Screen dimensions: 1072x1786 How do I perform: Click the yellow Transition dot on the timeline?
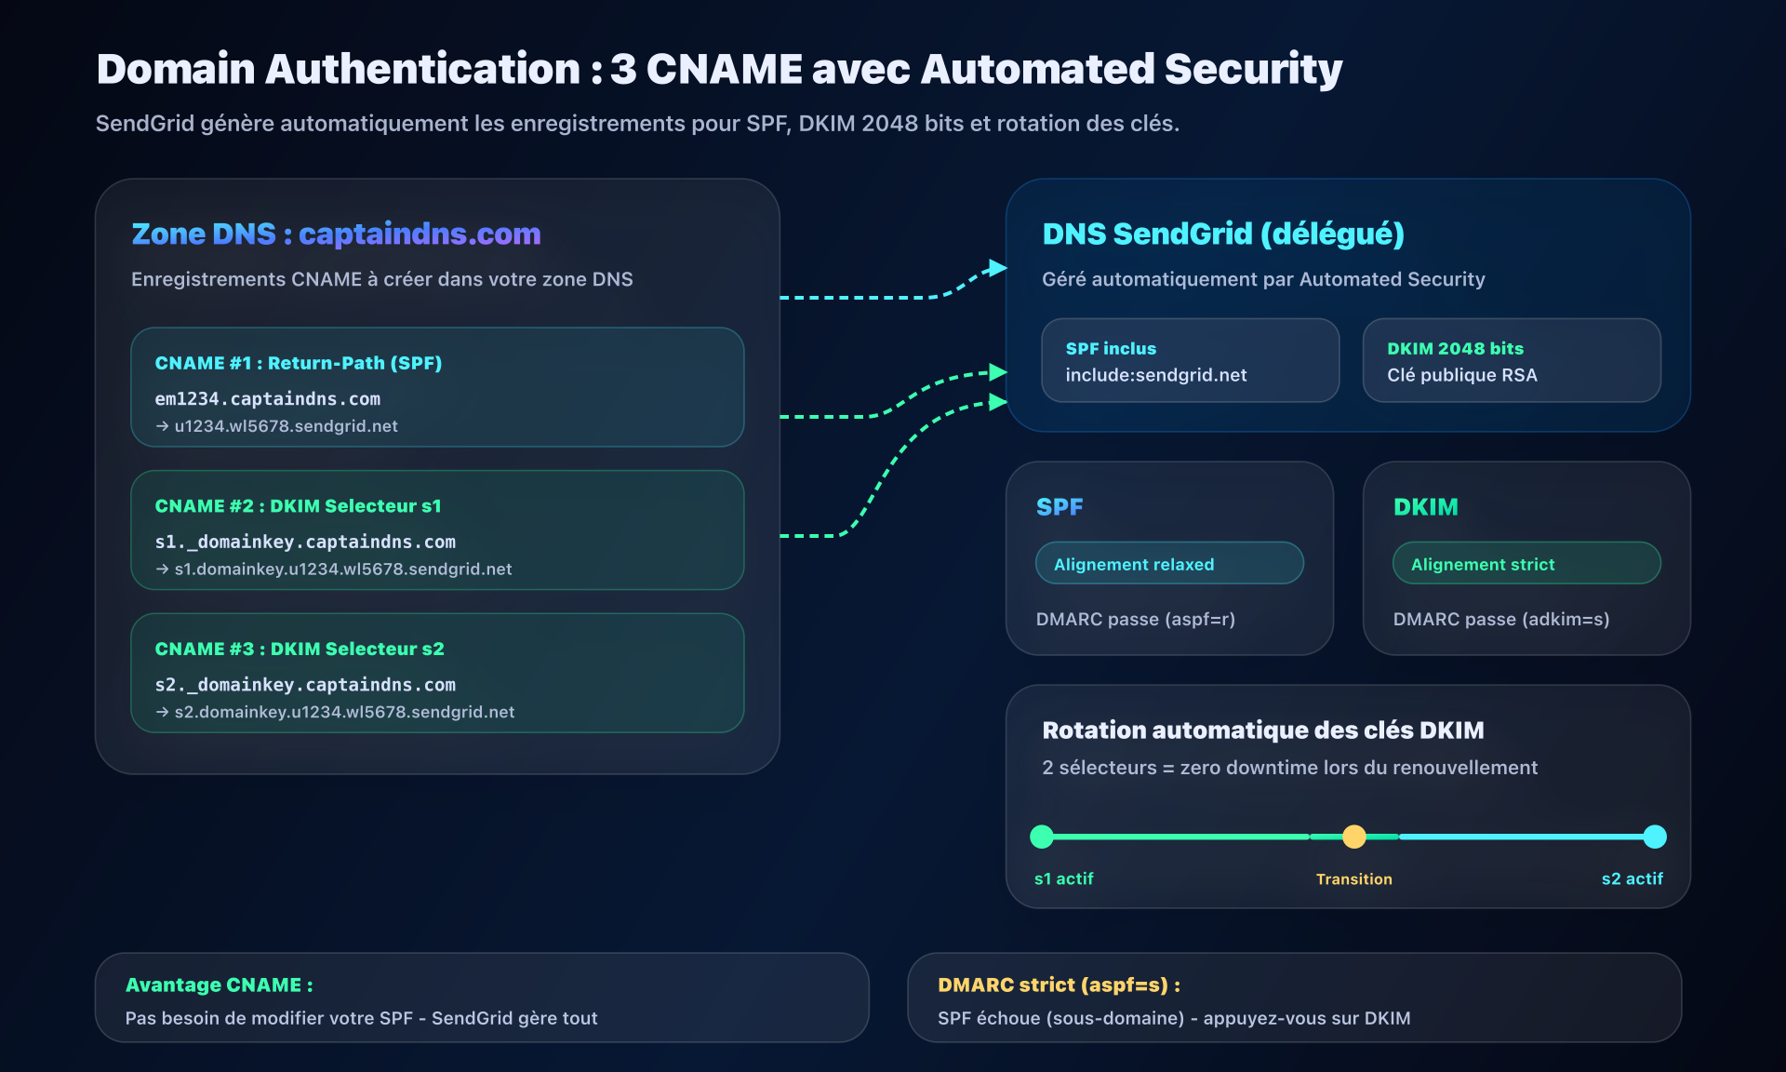(1353, 837)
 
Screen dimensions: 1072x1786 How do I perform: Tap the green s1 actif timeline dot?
(1042, 837)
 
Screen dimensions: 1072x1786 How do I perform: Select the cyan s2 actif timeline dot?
(1654, 837)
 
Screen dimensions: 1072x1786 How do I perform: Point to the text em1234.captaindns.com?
(267, 399)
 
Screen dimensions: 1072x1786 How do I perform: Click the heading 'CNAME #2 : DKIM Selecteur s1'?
(298, 506)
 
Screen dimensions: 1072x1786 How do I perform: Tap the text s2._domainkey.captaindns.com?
(305, 685)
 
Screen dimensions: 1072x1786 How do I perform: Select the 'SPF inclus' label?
(1111, 349)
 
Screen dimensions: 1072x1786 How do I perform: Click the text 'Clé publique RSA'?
(1461, 375)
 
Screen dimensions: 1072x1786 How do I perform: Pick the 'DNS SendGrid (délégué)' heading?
(1222, 234)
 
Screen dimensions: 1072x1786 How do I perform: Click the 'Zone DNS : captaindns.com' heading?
(336, 234)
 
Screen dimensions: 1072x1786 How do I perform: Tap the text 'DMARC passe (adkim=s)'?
(1500, 619)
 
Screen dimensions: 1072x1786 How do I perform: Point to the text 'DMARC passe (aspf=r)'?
(1135, 619)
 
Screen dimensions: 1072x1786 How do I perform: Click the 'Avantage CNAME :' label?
(219, 985)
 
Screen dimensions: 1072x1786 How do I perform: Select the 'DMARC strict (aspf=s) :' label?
(1059, 985)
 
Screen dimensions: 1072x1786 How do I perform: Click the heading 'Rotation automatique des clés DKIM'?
(1262, 730)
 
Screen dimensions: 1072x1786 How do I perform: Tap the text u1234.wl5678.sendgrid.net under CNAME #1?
(286, 426)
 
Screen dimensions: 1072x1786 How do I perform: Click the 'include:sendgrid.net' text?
(1155, 375)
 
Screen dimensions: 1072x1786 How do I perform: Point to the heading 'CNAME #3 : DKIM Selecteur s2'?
(300, 649)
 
